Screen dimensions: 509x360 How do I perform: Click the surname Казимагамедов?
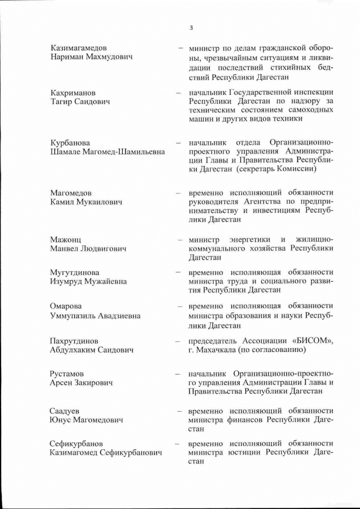pyautogui.click(x=78, y=48)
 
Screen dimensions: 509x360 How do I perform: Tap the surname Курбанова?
pyautogui.click(x=70, y=143)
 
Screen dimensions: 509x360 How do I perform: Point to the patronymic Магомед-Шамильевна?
pyautogui.click(x=125, y=152)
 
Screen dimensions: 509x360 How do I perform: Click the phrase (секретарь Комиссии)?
pyautogui.click(x=276, y=169)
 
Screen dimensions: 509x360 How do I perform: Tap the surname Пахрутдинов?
pyautogui.click(x=74, y=341)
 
